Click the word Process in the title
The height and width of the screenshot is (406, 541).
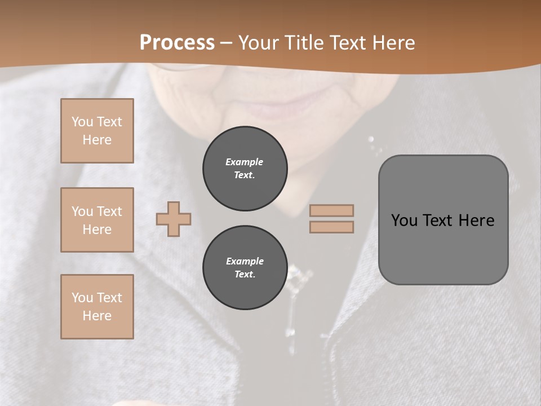[177, 42]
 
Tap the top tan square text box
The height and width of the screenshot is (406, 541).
[97, 131]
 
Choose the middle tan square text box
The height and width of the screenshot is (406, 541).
[97, 220]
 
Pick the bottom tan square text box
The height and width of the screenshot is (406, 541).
[97, 306]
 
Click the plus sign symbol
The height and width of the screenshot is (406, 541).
[174, 219]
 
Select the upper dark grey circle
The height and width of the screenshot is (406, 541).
[245, 169]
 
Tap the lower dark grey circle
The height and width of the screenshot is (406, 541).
[245, 268]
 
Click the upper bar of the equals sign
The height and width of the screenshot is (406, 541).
[332, 210]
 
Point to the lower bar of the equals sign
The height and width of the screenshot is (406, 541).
[332, 227]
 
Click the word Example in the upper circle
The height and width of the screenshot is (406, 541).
[244, 162]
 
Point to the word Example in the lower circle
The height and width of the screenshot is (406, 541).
[245, 261]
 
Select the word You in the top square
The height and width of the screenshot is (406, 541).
[82, 122]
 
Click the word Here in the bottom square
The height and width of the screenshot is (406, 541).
[97, 316]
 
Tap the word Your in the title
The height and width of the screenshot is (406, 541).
[258, 42]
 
